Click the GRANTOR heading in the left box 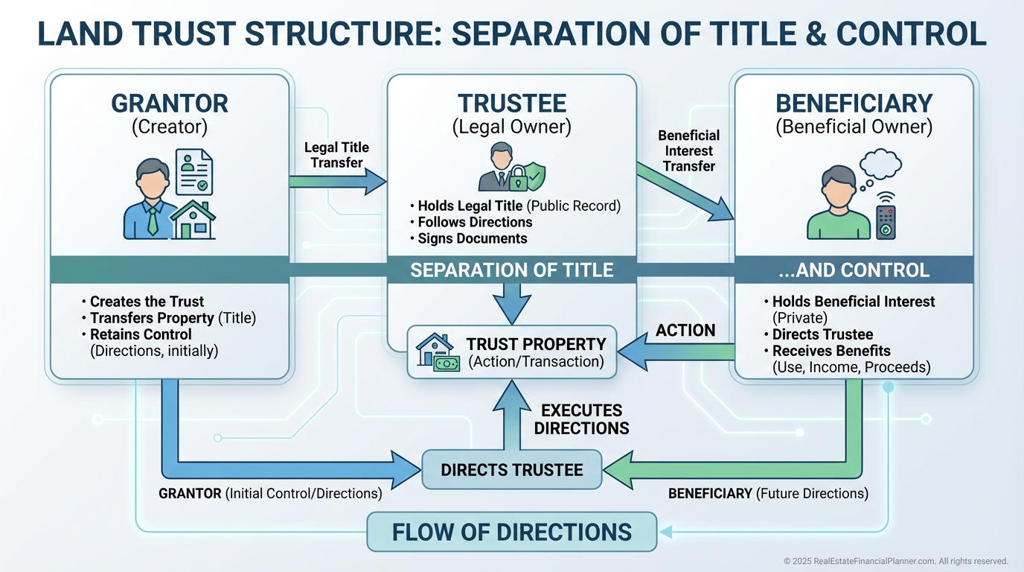tap(170, 104)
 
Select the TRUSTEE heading tap(512, 104)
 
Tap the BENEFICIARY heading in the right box tap(854, 104)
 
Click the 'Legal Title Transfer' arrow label tap(336, 155)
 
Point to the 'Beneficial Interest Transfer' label tap(688, 150)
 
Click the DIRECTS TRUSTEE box tap(512, 470)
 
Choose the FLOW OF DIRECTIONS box tap(512, 532)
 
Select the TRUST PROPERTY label tap(536, 345)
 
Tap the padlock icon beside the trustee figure tap(516, 177)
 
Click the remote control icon tap(886, 218)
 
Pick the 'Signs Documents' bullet tap(472, 238)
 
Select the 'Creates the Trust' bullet tap(146, 302)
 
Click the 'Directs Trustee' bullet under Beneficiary tap(822, 334)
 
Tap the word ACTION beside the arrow tap(685, 330)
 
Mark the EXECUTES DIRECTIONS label tap(581, 419)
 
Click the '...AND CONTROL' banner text tap(854, 270)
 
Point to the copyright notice tap(895, 561)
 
